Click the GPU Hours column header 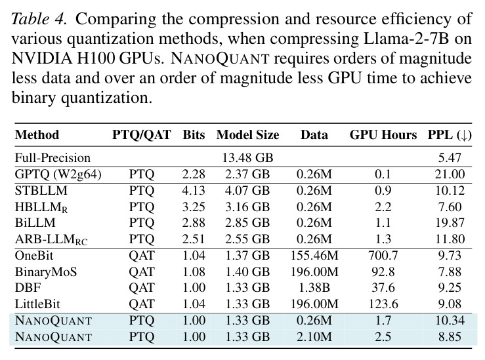pos(383,135)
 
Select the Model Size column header pos(248,135)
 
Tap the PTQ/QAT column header pos(142,135)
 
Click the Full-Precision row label pos(53,157)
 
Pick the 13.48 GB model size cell pos(248,157)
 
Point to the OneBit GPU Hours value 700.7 pos(383,256)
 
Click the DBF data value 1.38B pos(314,288)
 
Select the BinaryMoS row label pos(46,272)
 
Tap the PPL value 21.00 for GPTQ pos(450,174)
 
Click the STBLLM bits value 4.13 pos(194,190)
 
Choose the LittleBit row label pos(37,304)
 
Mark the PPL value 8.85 pos(450,336)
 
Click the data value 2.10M pos(314,336)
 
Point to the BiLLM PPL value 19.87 pos(450,223)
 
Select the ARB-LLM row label pos(51,239)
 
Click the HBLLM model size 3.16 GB pos(247,207)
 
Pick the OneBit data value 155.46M pos(314,256)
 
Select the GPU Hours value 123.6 pos(383,304)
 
